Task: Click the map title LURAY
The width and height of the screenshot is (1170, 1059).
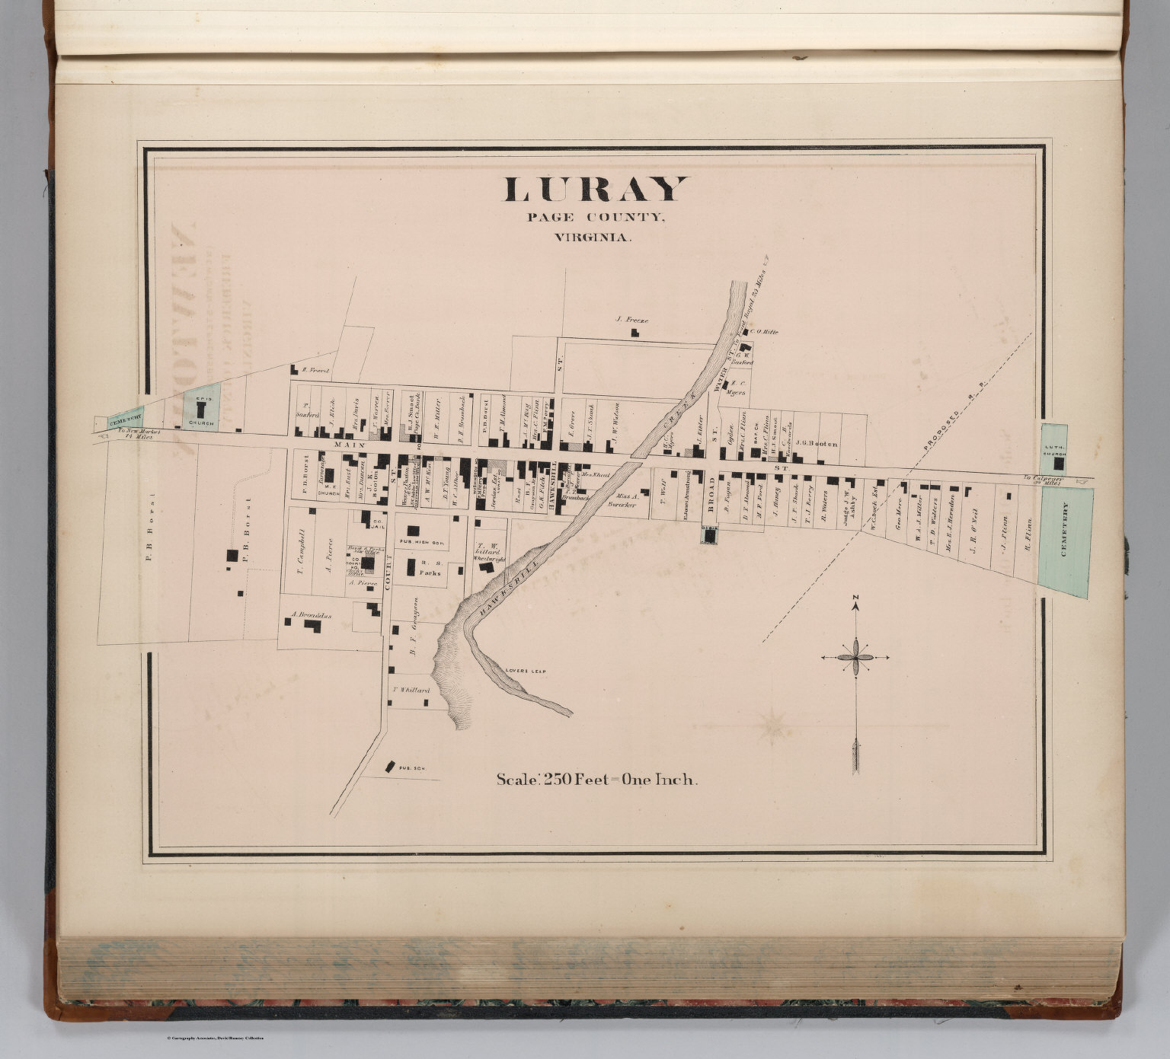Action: point(595,190)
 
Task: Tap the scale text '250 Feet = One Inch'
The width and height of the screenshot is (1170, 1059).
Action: point(597,780)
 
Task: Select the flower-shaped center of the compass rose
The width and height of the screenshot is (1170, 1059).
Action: point(855,656)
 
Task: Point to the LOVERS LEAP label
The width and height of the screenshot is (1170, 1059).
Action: point(526,671)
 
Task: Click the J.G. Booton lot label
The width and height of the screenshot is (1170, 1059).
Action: point(816,443)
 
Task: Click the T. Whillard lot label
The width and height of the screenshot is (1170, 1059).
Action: point(411,691)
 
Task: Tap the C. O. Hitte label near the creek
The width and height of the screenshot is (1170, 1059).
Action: point(763,332)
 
